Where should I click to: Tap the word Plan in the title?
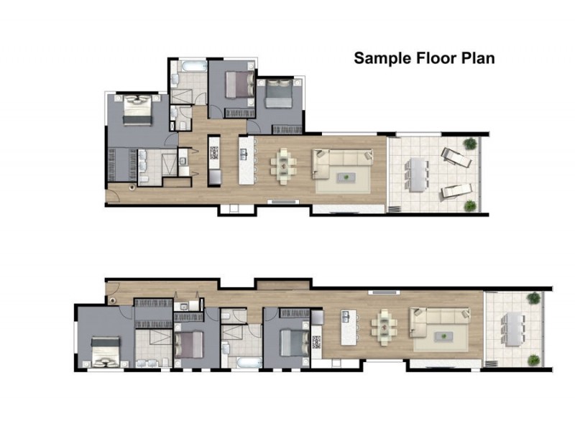pos(478,58)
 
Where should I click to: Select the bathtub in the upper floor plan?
pos(194,66)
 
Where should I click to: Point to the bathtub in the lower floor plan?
pos(249,363)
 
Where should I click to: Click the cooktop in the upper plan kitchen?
pos(214,153)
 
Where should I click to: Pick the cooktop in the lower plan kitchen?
pos(316,343)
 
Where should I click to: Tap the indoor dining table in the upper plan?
pos(283,166)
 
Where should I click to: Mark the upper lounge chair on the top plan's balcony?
pos(456,157)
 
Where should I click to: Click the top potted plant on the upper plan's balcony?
pos(470,143)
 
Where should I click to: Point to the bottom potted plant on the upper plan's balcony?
pos(470,206)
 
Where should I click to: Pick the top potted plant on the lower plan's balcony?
pos(534,297)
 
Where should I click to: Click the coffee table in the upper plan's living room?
pos(346,177)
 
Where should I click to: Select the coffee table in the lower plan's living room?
pos(443,336)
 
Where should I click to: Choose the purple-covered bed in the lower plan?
pos(188,345)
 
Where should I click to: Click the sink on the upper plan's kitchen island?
pos(243,154)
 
